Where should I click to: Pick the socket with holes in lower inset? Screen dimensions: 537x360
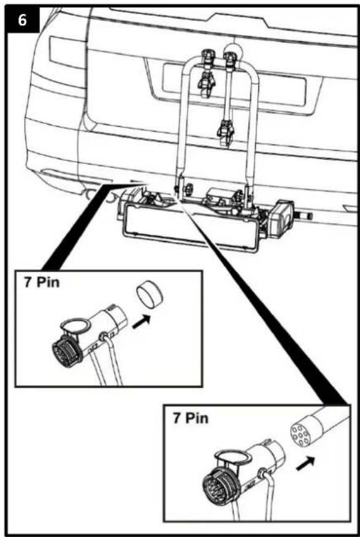click(301, 435)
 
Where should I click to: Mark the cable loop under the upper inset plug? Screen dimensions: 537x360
click(110, 368)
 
